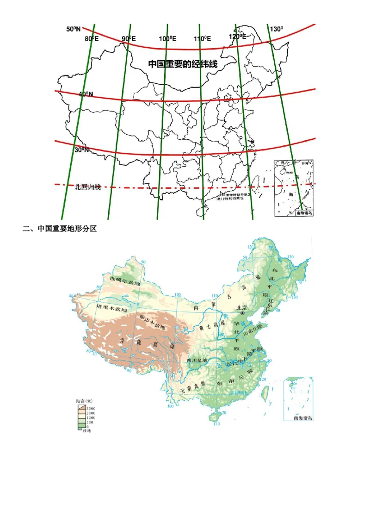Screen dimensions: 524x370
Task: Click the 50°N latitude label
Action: (74, 29)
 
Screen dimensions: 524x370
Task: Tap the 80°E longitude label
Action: (92, 38)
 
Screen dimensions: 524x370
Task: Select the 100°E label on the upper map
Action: (167, 39)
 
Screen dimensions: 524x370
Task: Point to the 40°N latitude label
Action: (86, 94)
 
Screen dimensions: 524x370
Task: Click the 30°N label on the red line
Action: (81, 150)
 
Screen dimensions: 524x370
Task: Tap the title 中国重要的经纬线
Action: (183, 64)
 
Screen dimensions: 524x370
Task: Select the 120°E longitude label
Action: (237, 37)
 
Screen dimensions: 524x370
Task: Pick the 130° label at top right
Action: (276, 29)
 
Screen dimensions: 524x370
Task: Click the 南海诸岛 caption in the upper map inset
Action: (304, 213)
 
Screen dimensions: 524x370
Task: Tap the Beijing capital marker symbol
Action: (242, 313)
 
